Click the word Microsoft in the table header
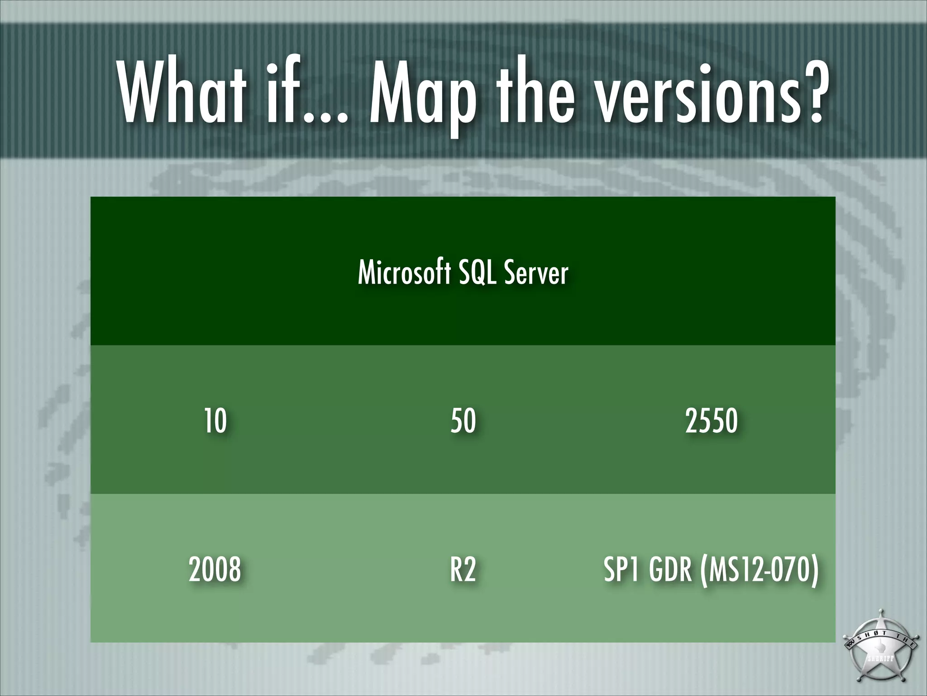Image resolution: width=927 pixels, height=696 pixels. pyautogui.click(x=404, y=273)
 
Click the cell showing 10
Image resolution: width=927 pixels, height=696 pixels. pyautogui.click(x=215, y=420)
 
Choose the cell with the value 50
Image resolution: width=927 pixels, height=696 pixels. pyautogui.click(x=463, y=420)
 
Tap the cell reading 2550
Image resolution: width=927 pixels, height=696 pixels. pyautogui.click(x=711, y=420)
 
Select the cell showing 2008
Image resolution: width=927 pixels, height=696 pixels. pyautogui.click(x=215, y=569)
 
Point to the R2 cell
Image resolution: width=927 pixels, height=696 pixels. pyautogui.click(x=463, y=569)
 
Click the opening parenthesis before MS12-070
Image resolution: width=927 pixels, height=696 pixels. pyautogui.click(x=703, y=570)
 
